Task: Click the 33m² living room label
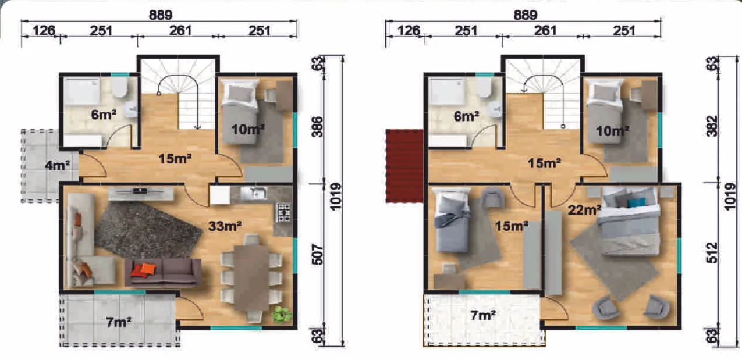pyautogui.click(x=225, y=226)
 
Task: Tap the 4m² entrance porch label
pyautogui.click(x=57, y=165)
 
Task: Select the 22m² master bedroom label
pyautogui.click(x=584, y=210)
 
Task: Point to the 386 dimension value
pyautogui.click(x=318, y=127)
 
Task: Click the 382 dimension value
pyautogui.click(x=712, y=126)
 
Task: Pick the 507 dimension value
pyautogui.click(x=318, y=254)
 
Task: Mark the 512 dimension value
pyautogui.click(x=712, y=253)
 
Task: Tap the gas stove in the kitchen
pyautogui.click(x=284, y=213)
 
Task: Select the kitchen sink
pyautogui.click(x=253, y=194)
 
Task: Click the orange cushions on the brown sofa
pyautogui.click(x=143, y=270)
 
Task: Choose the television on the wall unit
pyautogui.click(x=141, y=191)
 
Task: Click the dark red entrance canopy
pyautogui.click(x=405, y=166)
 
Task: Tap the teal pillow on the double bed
pyautogui.click(x=636, y=202)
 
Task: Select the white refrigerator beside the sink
pyautogui.click(x=220, y=195)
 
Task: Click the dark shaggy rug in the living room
pyautogui.click(x=148, y=229)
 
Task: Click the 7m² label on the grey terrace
pyautogui.click(x=119, y=322)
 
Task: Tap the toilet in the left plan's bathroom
pyautogui.click(x=119, y=87)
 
